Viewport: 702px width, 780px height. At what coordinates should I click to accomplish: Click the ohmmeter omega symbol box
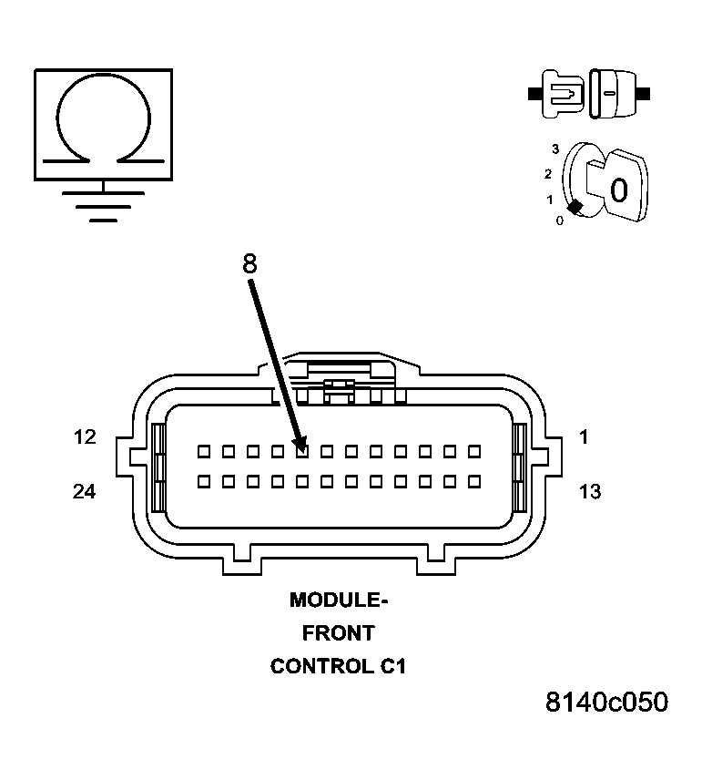pos(103,124)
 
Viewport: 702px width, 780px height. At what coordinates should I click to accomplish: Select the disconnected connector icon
pos(588,93)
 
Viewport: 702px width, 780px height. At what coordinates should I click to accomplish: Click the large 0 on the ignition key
pos(618,190)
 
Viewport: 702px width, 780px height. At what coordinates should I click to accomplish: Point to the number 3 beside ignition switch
pos(554,149)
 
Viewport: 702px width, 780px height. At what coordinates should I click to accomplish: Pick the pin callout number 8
pos(249,264)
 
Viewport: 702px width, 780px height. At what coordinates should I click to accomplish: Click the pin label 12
pos(85,437)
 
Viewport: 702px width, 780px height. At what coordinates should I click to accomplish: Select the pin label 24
pos(85,492)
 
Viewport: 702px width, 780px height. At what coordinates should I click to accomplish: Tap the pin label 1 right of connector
pos(584,437)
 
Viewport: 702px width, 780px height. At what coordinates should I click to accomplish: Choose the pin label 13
pos(589,492)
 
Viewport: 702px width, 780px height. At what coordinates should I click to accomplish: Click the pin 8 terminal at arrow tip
pos(302,450)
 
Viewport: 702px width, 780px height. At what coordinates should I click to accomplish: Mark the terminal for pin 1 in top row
pos(473,450)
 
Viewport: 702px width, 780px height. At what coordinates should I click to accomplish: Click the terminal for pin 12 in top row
pos(204,450)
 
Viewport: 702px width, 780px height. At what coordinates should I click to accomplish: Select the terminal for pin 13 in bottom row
pos(473,480)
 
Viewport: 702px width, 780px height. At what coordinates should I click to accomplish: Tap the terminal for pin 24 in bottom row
pos(204,480)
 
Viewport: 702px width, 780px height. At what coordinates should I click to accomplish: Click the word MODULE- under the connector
pos(338,600)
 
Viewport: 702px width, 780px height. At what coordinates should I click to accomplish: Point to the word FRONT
pos(338,633)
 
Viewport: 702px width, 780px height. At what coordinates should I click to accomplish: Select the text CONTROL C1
pos(338,666)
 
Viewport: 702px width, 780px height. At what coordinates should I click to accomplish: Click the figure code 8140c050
pos(606,703)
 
